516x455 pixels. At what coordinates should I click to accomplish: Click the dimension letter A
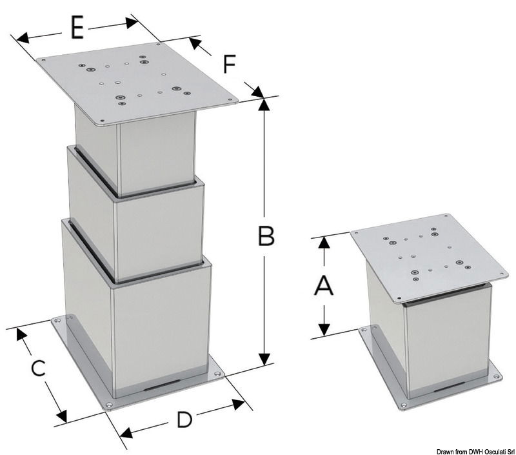(x=323, y=285)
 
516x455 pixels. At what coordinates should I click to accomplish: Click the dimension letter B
(x=266, y=236)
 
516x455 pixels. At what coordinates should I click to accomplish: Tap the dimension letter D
(x=184, y=420)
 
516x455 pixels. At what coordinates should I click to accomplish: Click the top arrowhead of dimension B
(x=263, y=105)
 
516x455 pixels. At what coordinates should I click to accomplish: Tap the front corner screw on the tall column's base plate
(x=109, y=405)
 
